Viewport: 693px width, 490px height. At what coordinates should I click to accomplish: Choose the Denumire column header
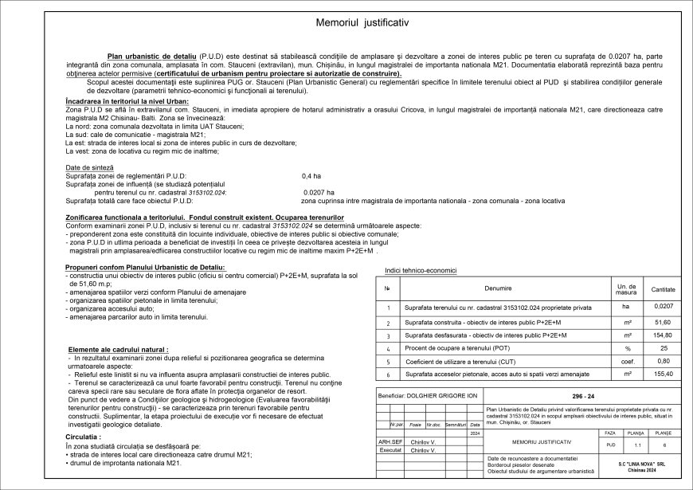pyautogui.click(x=500, y=288)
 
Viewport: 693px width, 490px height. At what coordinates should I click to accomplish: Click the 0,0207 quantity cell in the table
pyautogui.click(x=663, y=306)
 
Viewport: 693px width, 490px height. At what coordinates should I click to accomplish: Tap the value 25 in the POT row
pyautogui.click(x=663, y=348)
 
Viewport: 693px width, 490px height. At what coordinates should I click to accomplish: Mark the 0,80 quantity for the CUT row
pyautogui.click(x=663, y=361)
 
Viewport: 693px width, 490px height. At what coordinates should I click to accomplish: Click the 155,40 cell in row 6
pyautogui.click(x=663, y=373)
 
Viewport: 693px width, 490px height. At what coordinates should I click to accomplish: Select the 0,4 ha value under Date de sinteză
pyautogui.click(x=311, y=174)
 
